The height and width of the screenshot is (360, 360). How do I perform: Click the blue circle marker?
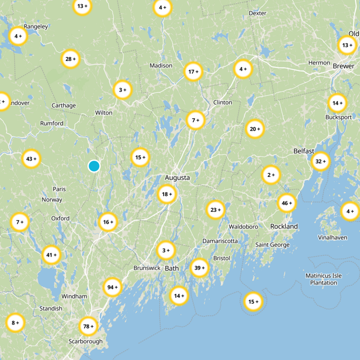click(94, 166)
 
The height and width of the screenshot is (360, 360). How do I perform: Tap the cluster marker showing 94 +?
click(112, 287)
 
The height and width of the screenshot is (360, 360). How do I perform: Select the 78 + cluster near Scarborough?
click(88, 326)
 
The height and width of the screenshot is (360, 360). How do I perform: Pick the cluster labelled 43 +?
click(31, 159)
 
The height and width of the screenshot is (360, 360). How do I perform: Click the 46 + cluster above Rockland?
click(287, 203)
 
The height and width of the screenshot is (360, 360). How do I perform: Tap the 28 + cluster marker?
click(71, 59)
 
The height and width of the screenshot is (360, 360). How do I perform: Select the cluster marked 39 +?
click(199, 268)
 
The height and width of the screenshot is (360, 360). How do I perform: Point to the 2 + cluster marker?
click(271, 175)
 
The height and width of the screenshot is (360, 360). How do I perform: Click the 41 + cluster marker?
click(51, 255)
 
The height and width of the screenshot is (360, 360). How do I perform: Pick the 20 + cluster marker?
click(255, 129)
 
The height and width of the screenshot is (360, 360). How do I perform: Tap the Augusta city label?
click(177, 178)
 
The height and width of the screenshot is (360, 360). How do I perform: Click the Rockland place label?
click(284, 226)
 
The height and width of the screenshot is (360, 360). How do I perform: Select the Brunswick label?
click(147, 268)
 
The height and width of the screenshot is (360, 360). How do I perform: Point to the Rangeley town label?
click(36, 27)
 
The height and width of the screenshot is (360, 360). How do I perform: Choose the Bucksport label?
click(338, 117)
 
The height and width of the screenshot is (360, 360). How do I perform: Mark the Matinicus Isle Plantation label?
click(324, 279)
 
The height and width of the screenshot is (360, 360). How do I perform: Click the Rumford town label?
click(52, 123)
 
